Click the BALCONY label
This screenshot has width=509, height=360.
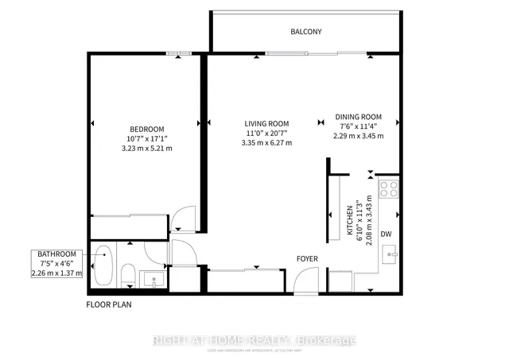305,33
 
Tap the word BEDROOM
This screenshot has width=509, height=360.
147,130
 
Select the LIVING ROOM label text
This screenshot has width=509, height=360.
266,123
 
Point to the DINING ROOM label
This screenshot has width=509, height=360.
358,116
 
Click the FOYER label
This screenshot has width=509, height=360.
308,259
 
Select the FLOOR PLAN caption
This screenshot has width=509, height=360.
110,304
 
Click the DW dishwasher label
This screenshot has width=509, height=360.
385,234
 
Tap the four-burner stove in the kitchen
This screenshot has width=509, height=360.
389,188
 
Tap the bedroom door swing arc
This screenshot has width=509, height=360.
184,219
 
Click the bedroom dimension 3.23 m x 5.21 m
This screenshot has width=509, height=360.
147,149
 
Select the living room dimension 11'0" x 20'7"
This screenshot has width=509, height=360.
266,134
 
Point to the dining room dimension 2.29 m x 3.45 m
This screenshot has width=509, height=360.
358,136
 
